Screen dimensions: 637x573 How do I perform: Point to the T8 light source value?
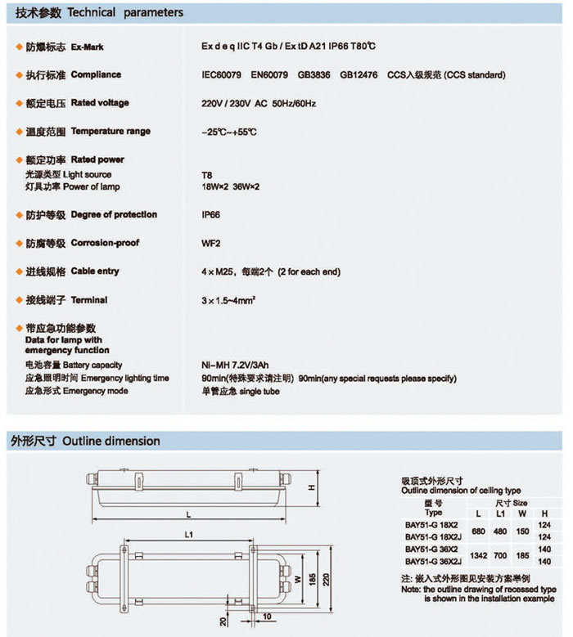coord(206,175)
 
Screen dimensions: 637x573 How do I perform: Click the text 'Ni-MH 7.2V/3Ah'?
coord(231,365)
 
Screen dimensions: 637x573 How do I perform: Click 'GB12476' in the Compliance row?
coord(359,75)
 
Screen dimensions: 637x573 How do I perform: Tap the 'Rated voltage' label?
coord(100,103)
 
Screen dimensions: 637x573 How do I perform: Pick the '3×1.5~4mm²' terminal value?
coord(228,300)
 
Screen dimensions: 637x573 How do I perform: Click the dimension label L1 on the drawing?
coord(188,534)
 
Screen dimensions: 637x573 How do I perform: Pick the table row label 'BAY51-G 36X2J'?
coord(432,562)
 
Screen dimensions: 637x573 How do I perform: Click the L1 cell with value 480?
coord(499,530)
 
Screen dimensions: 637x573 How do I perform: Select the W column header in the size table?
coord(521,513)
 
